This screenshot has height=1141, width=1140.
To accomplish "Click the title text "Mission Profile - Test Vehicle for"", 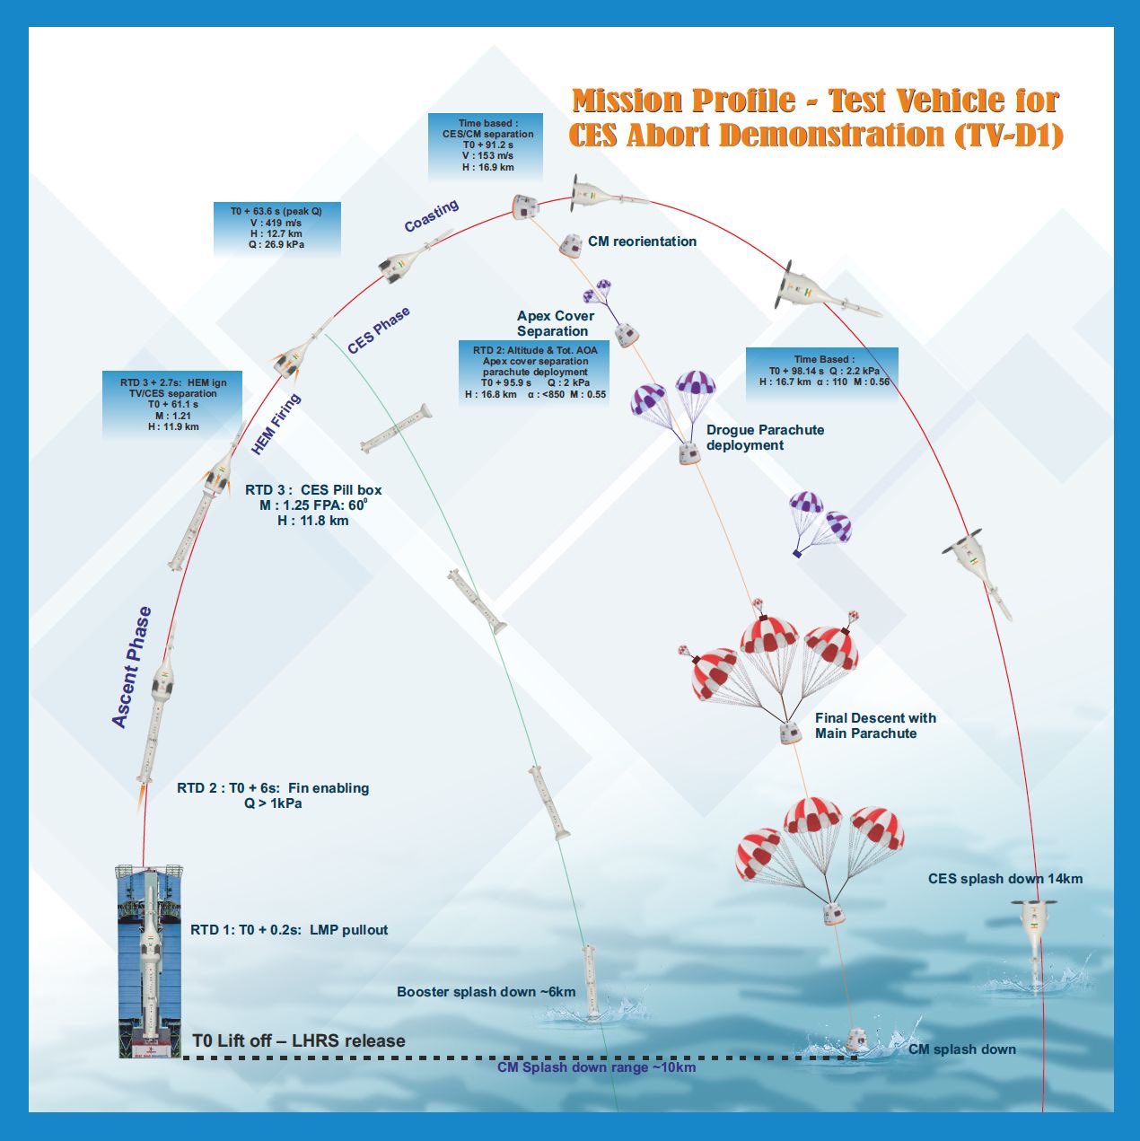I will click(x=815, y=101).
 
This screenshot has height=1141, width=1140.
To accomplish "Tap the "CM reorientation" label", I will click(x=642, y=241).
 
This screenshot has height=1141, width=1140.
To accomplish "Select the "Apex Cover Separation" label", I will click(x=555, y=323).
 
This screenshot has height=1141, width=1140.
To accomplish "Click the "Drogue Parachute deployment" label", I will click(x=765, y=437).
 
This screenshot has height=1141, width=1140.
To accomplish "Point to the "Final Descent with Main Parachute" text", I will click(x=875, y=725).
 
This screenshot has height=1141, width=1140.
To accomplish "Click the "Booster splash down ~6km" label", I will click(x=486, y=992).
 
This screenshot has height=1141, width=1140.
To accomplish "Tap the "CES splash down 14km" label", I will click(x=1004, y=879).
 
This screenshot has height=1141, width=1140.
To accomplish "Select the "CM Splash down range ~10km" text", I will click(x=596, y=1067).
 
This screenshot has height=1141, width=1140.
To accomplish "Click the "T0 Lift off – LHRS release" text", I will click(x=299, y=1041).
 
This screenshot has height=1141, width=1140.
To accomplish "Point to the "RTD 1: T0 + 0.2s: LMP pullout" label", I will click(x=289, y=930).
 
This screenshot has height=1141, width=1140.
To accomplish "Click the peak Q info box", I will click(x=276, y=228).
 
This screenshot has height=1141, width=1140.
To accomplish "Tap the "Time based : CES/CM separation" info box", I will click(x=486, y=145).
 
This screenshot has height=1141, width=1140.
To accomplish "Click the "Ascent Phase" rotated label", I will click(x=132, y=667).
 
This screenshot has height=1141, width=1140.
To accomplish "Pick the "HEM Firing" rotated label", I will click(x=276, y=424).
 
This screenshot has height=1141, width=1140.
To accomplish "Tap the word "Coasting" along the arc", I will click(x=431, y=215).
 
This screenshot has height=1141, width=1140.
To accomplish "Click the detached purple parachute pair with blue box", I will click(x=819, y=522).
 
